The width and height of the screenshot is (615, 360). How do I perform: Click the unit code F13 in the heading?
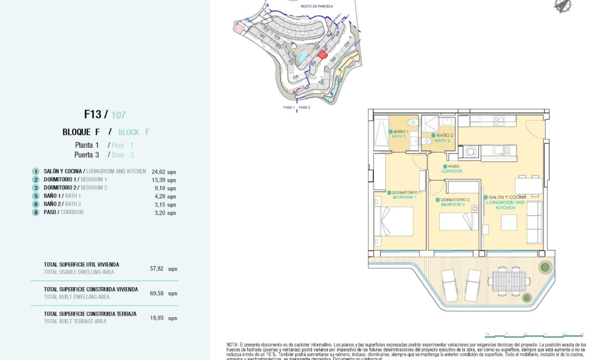(92, 114)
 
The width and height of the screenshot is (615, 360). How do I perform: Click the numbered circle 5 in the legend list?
(36, 196)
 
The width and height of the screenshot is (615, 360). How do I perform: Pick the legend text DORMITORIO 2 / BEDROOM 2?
(75, 188)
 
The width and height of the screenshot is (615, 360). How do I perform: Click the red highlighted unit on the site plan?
(323, 55)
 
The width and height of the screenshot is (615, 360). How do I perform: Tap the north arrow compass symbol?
(563, 6)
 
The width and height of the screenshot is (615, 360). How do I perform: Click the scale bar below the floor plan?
(534, 336)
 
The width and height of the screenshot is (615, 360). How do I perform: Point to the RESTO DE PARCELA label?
(317, 6)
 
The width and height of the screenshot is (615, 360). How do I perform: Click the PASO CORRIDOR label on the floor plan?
(451, 169)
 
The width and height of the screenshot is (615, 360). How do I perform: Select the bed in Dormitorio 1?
(394, 221)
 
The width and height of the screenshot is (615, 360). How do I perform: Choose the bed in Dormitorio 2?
(458, 222)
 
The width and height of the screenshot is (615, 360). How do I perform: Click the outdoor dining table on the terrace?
(509, 282)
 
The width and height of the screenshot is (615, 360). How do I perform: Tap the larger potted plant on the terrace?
(544, 266)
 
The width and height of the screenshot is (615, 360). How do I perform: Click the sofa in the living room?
(534, 222)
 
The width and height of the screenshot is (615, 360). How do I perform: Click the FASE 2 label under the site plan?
(305, 108)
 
